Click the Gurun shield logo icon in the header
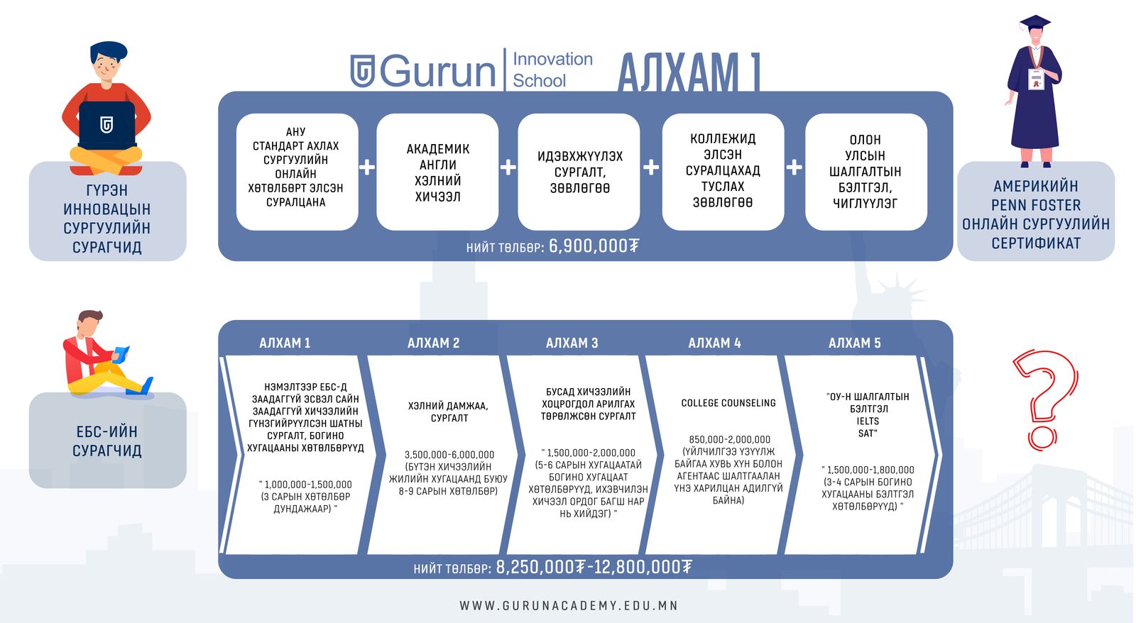[x=363, y=71]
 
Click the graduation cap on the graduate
[x=1034, y=23]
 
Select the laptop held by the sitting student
[x=107, y=125]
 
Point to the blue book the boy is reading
[x=121, y=354]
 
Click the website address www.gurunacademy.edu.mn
[x=569, y=606]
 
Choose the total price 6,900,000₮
[x=594, y=246]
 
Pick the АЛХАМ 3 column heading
[x=572, y=343]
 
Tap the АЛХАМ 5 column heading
[x=855, y=343]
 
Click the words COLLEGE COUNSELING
[x=728, y=403]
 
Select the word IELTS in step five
[x=868, y=421]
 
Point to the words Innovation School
[x=552, y=70]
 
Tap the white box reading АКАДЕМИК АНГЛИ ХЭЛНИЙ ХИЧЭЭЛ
[x=437, y=172]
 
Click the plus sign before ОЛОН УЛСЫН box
[x=794, y=167]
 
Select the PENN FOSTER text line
[x=1036, y=205]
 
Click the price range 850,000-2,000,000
[x=729, y=439]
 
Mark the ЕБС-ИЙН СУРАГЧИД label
[x=107, y=441]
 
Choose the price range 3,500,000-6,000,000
[x=449, y=455]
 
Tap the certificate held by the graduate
[x=1036, y=79]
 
